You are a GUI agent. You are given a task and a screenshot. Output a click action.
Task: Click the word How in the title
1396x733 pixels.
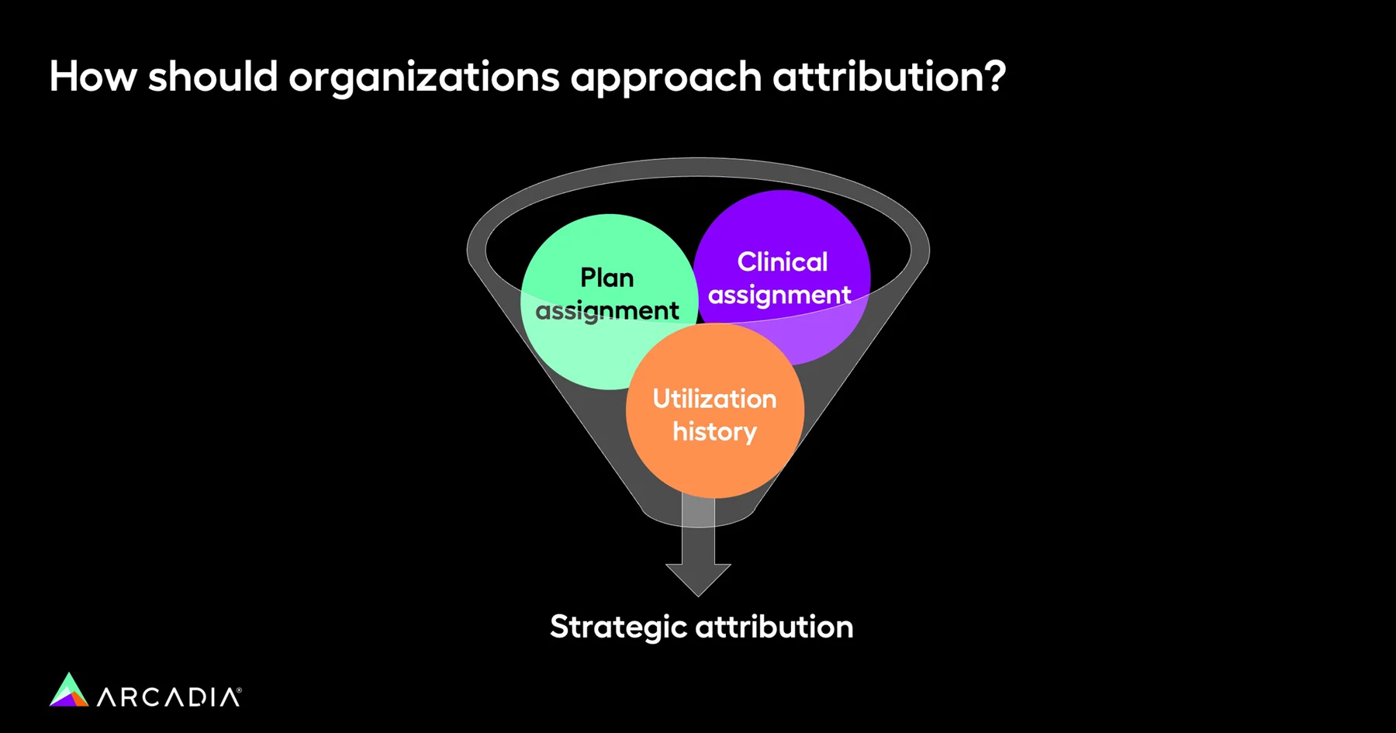(93, 77)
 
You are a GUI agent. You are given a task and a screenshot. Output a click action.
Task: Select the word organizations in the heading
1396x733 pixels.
(423, 78)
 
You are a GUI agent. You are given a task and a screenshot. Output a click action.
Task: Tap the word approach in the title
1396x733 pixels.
(666, 78)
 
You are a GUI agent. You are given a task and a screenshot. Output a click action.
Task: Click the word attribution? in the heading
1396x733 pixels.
(889, 77)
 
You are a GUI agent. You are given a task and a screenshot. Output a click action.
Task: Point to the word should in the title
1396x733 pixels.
(213, 77)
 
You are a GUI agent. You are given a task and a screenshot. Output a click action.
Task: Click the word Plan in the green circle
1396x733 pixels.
(607, 278)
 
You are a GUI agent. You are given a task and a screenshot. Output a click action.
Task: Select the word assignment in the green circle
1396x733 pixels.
(607, 311)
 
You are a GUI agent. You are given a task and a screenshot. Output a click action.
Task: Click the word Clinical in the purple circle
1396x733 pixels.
(782, 262)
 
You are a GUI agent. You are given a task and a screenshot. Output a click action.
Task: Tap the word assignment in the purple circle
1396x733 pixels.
(779, 296)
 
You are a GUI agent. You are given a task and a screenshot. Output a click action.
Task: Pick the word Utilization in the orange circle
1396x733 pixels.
(714, 399)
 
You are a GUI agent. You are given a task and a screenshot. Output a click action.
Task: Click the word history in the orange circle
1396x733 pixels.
(714, 431)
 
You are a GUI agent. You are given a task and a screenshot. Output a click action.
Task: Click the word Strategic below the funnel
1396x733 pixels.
(618, 628)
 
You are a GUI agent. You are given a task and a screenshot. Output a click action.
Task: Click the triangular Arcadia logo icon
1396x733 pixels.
(69, 690)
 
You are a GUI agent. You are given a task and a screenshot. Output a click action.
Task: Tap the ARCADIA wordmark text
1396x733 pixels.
(168, 697)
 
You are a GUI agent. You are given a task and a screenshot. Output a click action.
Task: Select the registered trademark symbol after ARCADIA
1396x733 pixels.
(239, 689)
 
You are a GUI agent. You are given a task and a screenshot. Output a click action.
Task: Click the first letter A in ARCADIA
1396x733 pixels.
(107, 697)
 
